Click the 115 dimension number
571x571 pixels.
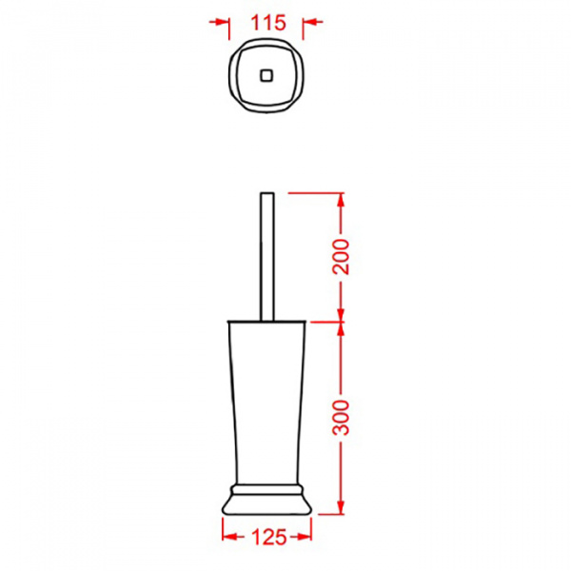click(268, 23)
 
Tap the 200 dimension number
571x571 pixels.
click(341, 256)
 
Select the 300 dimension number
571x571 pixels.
click(341, 418)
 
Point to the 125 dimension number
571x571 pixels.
click(268, 537)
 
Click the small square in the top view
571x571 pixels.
click(266, 75)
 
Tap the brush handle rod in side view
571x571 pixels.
click(266, 257)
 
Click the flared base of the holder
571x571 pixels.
click(266, 504)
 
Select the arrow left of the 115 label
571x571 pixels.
click(219, 22)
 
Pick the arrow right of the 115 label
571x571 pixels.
click(313, 22)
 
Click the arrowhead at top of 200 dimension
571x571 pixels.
click(341, 200)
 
